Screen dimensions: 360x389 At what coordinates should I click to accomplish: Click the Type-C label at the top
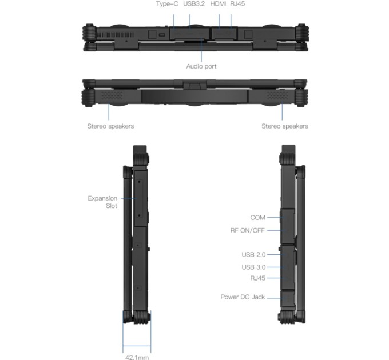tap(168, 4)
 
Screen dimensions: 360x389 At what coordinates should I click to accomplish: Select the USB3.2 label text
tap(194, 4)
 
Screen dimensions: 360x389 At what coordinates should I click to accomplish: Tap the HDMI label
tap(218, 4)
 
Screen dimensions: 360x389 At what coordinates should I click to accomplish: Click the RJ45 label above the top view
tap(237, 4)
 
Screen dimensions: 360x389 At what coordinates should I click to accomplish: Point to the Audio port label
tap(201, 66)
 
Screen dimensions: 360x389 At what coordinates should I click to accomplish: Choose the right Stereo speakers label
tap(284, 126)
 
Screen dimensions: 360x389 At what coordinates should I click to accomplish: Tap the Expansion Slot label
tap(102, 202)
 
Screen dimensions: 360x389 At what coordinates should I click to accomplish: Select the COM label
tap(257, 218)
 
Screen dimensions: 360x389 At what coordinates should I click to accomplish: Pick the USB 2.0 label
tap(253, 254)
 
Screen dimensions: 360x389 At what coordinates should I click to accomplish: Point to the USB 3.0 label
tap(253, 267)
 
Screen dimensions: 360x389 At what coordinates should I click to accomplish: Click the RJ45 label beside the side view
tap(257, 278)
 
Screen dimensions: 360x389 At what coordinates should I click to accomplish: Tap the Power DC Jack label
tap(243, 297)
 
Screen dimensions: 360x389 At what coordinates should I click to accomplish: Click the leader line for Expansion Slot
tap(128, 198)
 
